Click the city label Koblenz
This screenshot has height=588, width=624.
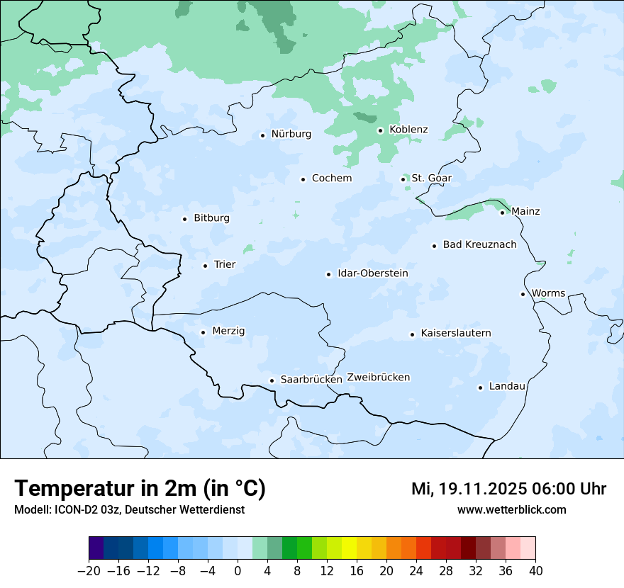pyautogui.click(x=408, y=130)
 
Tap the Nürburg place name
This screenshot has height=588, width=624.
pyautogui.click(x=291, y=134)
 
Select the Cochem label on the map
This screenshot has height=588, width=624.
pyautogui.click(x=331, y=179)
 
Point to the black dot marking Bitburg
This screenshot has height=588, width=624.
pyautogui.click(x=184, y=219)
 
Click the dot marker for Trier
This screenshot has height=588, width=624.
pyautogui.click(x=205, y=266)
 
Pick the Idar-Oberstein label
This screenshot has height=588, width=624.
pyautogui.click(x=372, y=273)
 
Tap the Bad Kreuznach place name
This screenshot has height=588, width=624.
pyautogui.click(x=479, y=245)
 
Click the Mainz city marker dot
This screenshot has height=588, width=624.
pyautogui.click(x=502, y=213)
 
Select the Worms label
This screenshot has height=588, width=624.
pyautogui.click(x=548, y=293)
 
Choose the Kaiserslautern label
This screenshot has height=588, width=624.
pyautogui.click(x=455, y=334)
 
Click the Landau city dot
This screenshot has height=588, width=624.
pyautogui.click(x=480, y=388)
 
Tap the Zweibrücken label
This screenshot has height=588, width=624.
pyautogui.click(x=378, y=378)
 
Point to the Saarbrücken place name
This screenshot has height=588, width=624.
pyautogui.click(x=311, y=380)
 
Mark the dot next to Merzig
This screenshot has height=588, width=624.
pyautogui.click(x=203, y=332)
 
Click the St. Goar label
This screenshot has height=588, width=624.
pyautogui.click(x=431, y=179)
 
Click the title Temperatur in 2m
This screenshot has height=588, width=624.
pyautogui.click(x=140, y=489)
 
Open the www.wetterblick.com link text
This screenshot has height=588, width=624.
pyautogui.click(x=511, y=510)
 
